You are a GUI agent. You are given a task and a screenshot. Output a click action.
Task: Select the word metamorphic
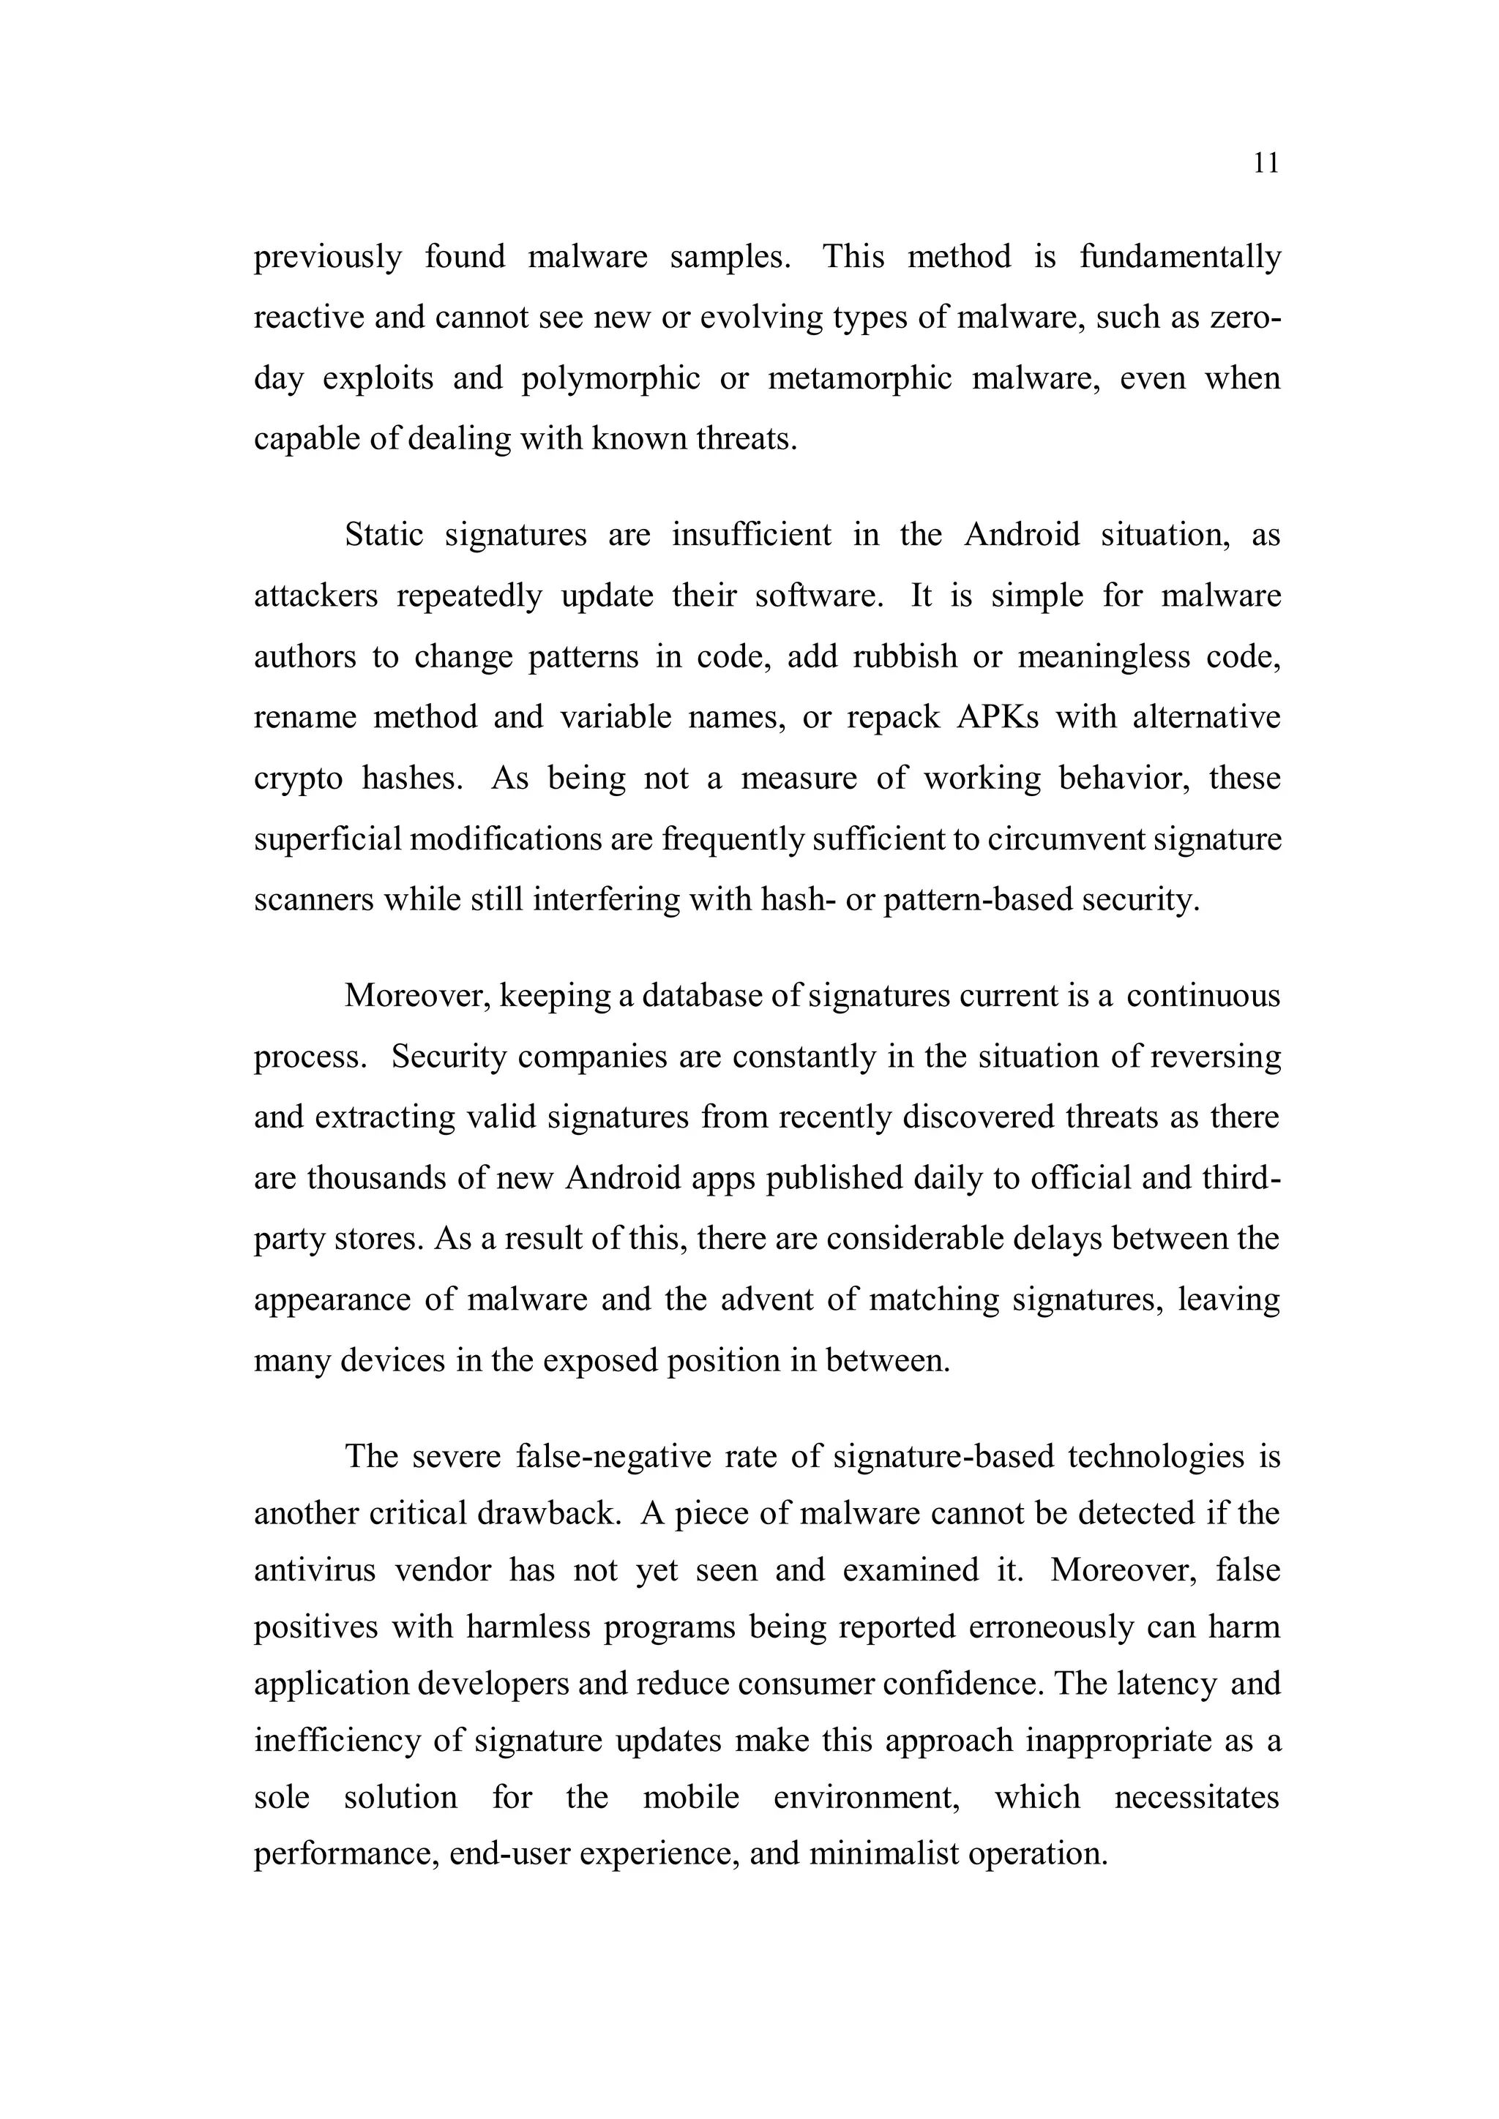point(859,378)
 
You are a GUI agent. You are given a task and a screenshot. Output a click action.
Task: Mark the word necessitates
point(1196,1797)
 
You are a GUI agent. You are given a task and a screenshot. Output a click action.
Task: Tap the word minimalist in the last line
point(884,1853)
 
